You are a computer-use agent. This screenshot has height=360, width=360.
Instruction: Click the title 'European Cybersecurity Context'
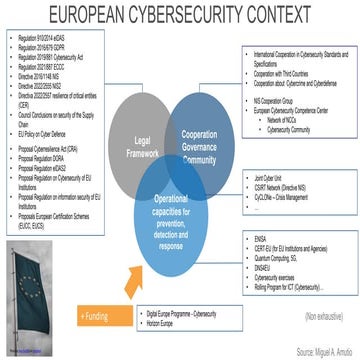(x=180, y=15)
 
